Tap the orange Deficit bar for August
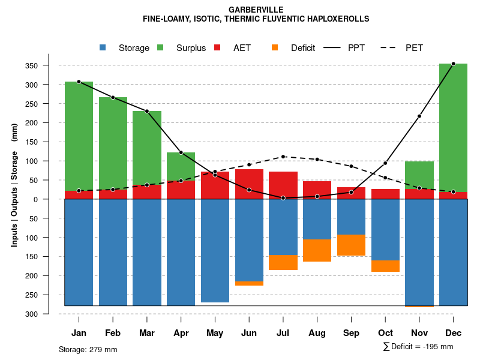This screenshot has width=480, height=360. (317, 250)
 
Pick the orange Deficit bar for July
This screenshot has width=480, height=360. (283, 262)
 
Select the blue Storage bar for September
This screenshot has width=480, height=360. (351, 217)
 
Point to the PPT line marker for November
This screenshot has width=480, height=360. (419, 116)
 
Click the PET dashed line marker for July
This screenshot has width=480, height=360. (283, 157)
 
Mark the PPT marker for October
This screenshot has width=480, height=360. (385, 163)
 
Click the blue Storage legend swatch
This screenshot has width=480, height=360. (103, 48)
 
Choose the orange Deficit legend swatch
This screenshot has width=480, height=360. (275, 48)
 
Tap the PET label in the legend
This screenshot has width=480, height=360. (414, 48)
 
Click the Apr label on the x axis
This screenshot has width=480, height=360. (181, 333)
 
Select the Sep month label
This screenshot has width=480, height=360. (351, 333)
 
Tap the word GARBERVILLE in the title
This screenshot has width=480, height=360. (256, 10)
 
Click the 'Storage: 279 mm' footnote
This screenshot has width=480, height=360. (88, 349)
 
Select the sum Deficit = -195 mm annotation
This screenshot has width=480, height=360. (418, 347)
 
